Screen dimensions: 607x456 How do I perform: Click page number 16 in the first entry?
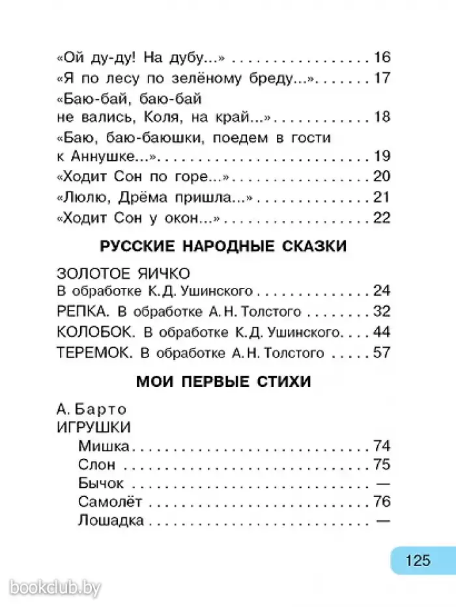(x=381, y=57)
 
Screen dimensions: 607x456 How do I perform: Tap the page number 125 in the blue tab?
(x=417, y=560)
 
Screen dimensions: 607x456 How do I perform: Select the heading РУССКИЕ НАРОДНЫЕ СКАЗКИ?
(x=222, y=246)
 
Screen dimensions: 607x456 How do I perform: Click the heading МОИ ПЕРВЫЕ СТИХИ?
(x=223, y=382)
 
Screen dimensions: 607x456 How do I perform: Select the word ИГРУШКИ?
(x=94, y=427)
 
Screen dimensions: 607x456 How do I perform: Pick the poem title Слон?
(x=96, y=465)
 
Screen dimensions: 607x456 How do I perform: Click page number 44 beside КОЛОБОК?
(x=381, y=332)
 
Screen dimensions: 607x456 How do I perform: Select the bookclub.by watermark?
(x=56, y=571)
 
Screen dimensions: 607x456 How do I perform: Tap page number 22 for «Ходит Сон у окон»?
(x=381, y=218)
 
